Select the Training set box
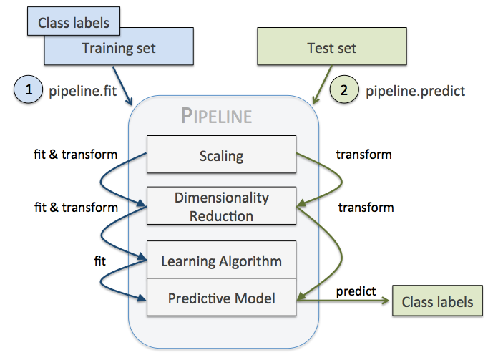pyautogui.click(x=118, y=49)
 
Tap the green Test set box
pyautogui.click(x=331, y=49)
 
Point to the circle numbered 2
pyautogui.click(x=344, y=91)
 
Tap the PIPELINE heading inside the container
pyautogui.click(x=216, y=115)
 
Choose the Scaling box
pyautogui.click(x=221, y=155)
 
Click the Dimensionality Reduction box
pyautogui.click(x=221, y=206)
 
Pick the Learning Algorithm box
pyautogui.click(x=221, y=261)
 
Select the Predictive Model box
pyautogui.click(x=221, y=298)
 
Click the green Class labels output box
pyautogui.click(x=437, y=302)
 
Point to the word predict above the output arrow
pyautogui.click(x=355, y=290)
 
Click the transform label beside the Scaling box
pyautogui.click(x=365, y=154)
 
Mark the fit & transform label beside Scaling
pyautogui.click(x=76, y=154)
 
